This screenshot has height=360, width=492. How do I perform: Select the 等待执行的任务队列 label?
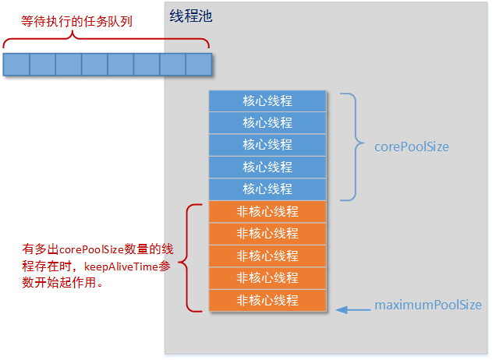pos(76,21)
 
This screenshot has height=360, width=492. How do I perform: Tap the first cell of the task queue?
pos(16,65)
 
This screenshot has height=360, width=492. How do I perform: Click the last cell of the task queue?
pos(198,65)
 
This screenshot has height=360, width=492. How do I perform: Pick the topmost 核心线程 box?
pos(267,101)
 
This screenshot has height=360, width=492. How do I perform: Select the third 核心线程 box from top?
pos(267,145)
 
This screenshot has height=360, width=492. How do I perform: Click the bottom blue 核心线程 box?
pos(267,189)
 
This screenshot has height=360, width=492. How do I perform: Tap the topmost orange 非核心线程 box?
pos(267,211)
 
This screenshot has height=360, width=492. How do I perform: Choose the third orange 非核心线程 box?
pos(267,256)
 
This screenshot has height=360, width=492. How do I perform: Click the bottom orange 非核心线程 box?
pos(267,300)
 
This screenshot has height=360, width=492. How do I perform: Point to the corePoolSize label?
pos(412,146)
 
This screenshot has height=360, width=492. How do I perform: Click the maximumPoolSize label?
pos(427,305)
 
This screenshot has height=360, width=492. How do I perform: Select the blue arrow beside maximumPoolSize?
pos(353,310)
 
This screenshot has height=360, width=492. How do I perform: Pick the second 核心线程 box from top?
pos(267,123)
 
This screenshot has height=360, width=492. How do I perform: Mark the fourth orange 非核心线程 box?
pos(267,277)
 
